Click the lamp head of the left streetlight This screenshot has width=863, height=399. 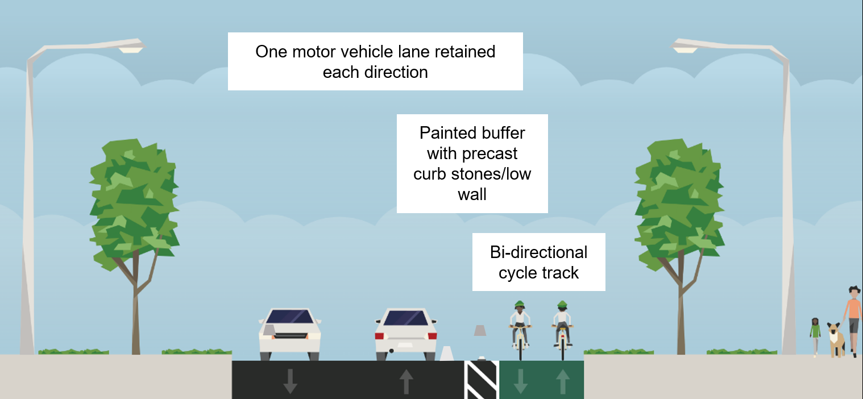tap(131, 49)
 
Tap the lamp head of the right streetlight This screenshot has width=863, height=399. tap(685, 49)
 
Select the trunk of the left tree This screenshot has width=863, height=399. tap(135, 318)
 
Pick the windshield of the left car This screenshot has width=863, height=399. tap(289, 317)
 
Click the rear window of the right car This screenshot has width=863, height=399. tap(406, 318)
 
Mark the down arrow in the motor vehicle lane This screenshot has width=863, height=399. tap(290, 381)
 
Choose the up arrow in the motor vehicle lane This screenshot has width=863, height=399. tap(406, 381)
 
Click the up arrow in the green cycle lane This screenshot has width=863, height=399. tap(563, 381)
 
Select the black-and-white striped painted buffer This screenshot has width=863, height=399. tap(482, 380)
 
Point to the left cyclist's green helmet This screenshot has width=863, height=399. tap(518, 304)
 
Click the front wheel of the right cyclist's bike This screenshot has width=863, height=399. tap(563, 348)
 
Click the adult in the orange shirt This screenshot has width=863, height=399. tap(853, 318)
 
